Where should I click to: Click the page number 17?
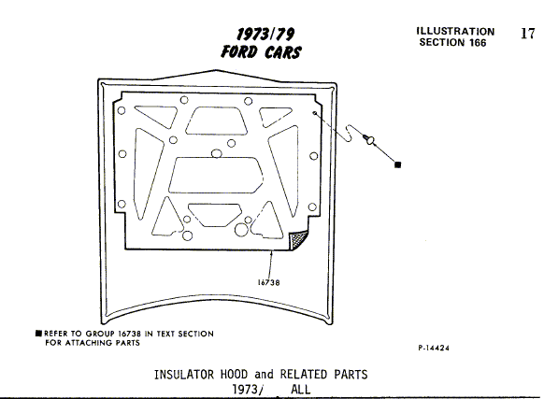tap(528, 34)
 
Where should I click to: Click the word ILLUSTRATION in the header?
tap(455, 31)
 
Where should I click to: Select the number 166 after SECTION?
tap(478, 43)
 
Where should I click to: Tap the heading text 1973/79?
tap(265, 35)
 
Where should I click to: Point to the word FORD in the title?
tap(239, 51)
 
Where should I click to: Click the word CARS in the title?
tap(283, 52)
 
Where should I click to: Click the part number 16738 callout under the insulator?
tap(268, 282)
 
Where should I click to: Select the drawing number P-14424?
tap(434, 348)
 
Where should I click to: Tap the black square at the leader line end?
tap(398, 164)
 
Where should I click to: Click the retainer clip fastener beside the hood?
tap(369, 139)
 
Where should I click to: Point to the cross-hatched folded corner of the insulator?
tap(298, 240)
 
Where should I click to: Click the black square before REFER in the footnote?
tap(38, 334)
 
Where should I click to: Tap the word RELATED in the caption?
tap(303, 375)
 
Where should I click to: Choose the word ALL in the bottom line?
tap(300, 390)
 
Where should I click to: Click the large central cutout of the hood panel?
tap(215, 175)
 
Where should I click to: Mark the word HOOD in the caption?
tap(235, 375)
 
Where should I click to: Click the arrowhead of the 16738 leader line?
tap(272, 252)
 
